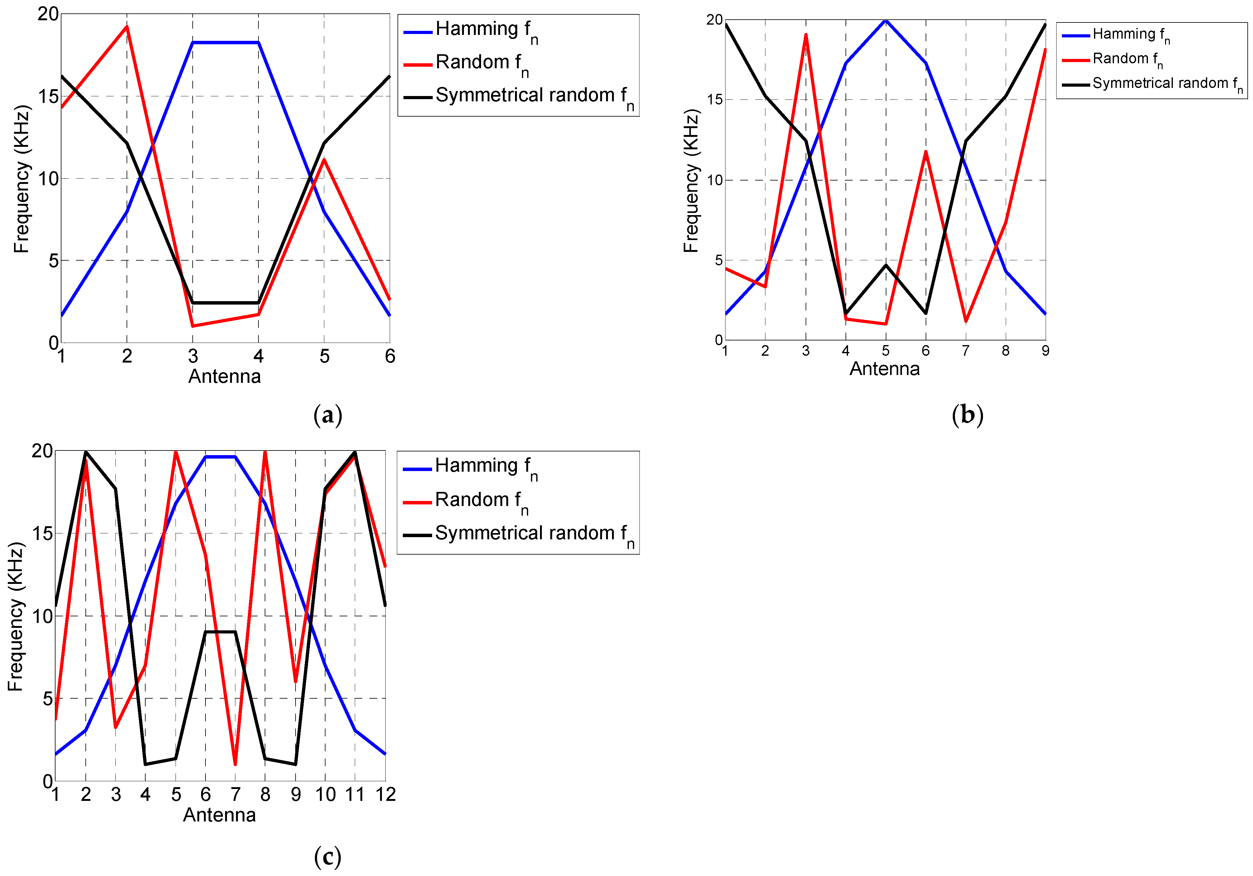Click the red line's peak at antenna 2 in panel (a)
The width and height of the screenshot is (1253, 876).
click(x=127, y=26)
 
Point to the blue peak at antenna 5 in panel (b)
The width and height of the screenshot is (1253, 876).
click(x=886, y=20)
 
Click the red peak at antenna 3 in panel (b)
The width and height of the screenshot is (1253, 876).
click(x=806, y=35)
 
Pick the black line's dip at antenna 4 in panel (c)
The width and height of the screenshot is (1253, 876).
click(x=145, y=764)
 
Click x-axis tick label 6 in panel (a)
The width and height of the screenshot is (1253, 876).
click(x=390, y=356)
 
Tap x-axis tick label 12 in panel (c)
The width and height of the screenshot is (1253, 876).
click(x=385, y=795)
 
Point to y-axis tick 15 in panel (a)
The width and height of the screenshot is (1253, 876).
click(x=48, y=97)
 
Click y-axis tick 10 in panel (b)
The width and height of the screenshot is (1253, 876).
click(x=714, y=180)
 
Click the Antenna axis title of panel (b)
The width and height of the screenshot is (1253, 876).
click(x=884, y=369)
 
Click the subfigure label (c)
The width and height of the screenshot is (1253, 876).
click(x=327, y=857)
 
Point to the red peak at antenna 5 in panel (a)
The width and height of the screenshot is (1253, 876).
click(x=324, y=159)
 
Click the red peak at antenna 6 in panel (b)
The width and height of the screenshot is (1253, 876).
click(x=926, y=152)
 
